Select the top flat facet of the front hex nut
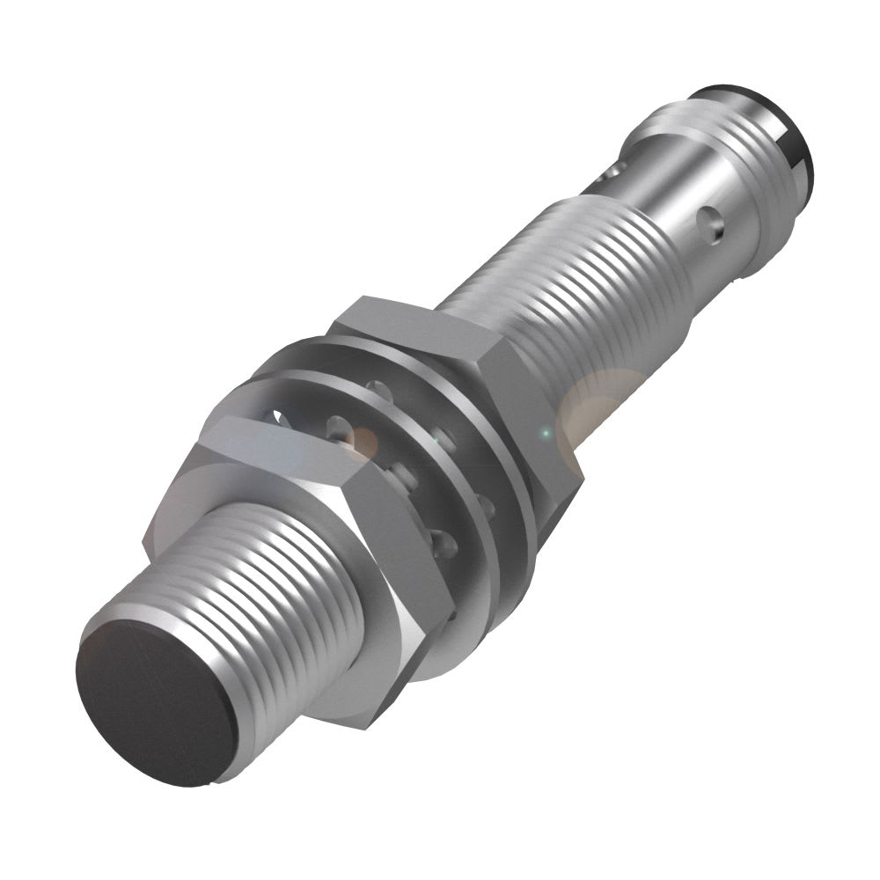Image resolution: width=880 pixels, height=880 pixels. tap(255, 440)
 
